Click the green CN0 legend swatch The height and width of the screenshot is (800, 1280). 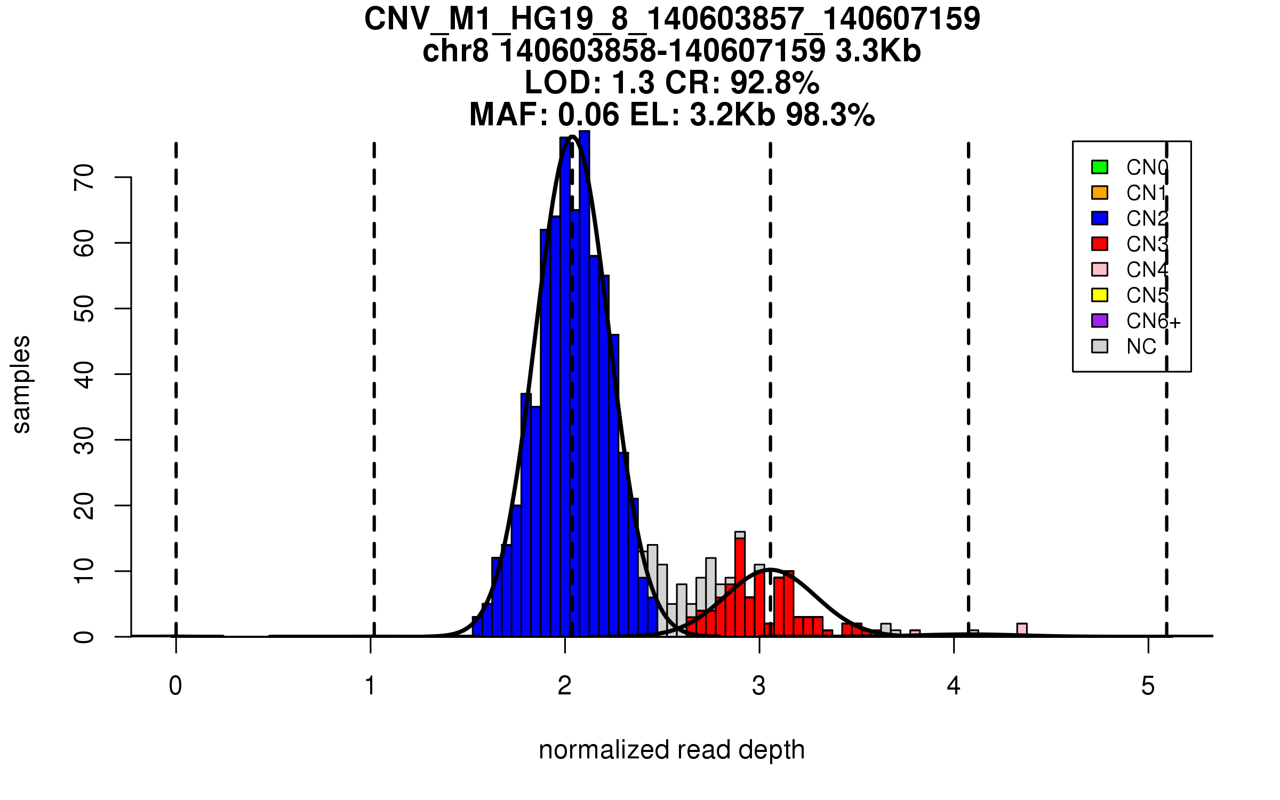[x=1100, y=167]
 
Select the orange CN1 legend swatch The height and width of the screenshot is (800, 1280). [x=1100, y=193]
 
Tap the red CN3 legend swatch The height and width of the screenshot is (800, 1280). [x=1100, y=244]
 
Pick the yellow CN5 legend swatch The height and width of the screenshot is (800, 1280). [x=1100, y=295]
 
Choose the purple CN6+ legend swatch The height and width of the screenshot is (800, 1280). [x=1100, y=321]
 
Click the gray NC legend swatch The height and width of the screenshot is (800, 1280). [x=1100, y=346]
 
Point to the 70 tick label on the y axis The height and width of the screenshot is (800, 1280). [x=84, y=177]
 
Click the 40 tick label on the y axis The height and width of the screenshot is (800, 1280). [x=84, y=374]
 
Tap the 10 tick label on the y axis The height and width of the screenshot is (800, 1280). [x=84, y=571]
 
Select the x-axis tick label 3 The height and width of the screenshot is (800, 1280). [x=759, y=686]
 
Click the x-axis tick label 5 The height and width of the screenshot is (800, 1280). [x=1148, y=686]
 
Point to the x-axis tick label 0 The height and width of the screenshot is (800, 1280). [x=175, y=686]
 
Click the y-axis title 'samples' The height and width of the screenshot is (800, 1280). [x=21, y=384]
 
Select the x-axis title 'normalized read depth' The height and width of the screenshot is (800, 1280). [x=671, y=750]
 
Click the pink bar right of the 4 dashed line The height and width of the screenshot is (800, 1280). [x=1022, y=630]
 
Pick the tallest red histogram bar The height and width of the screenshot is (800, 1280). [x=740, y=587]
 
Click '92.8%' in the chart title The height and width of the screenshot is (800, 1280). [x=774, y=83]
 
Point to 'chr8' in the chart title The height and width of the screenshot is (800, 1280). [x=455, y=51]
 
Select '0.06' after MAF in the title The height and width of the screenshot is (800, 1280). [x=589, y=115]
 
